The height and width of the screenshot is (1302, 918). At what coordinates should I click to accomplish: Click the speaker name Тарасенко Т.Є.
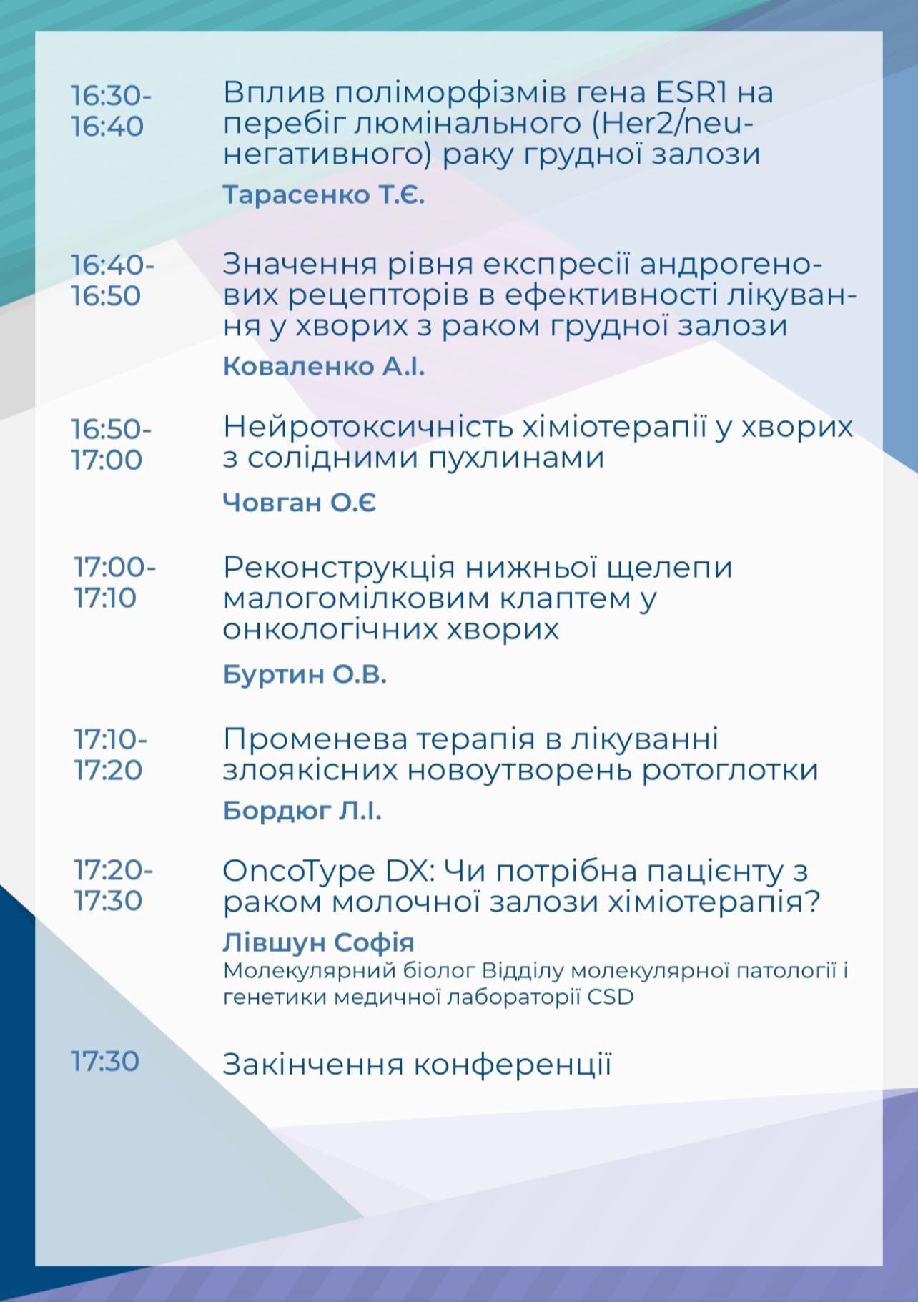point(324,194)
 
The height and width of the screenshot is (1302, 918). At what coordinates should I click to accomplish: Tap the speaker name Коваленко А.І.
point(324,366)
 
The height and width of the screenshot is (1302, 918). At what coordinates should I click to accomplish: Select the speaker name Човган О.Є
point(300,503)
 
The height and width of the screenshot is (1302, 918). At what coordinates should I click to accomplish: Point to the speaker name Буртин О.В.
point(305,674)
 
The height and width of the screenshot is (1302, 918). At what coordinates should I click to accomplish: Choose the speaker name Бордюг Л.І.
point(302,810)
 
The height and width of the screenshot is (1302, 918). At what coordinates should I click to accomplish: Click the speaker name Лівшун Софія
point(319,942)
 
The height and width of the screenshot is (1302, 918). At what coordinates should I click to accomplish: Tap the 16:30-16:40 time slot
point(111,111)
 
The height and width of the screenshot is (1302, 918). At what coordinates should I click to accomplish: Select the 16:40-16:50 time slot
point(112,280)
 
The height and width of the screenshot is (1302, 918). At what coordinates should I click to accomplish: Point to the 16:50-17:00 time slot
point(111,445)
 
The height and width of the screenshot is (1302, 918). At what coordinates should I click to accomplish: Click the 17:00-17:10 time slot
point(114,583)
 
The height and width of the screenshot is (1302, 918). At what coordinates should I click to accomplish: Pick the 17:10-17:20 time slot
point(110,754)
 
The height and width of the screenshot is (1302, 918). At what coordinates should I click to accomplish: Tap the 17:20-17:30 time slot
point(113,885)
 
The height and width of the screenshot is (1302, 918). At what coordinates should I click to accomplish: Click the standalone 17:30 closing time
point(105,1061)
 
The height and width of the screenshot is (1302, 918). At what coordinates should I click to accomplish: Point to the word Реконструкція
point(339,568)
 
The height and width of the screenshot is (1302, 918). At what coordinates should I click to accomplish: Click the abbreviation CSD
point(611,997)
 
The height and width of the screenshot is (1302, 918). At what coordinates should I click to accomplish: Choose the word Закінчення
point(312,1065)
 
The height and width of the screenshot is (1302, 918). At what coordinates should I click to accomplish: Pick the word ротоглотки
point(729,771)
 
